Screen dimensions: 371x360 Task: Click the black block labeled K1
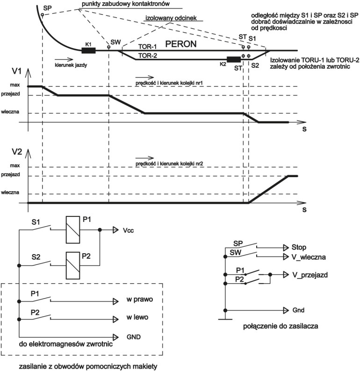[88, 50]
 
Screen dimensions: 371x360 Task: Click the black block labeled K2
[233, 59]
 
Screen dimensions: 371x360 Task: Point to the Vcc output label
[129, 230]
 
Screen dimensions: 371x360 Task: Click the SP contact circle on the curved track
[42, 16]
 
